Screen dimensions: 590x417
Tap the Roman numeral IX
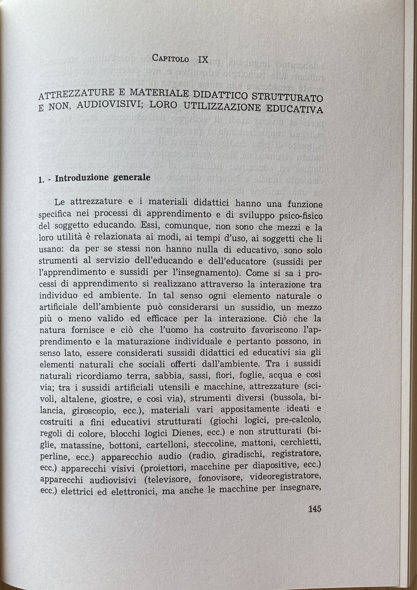tap(203, 59)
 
